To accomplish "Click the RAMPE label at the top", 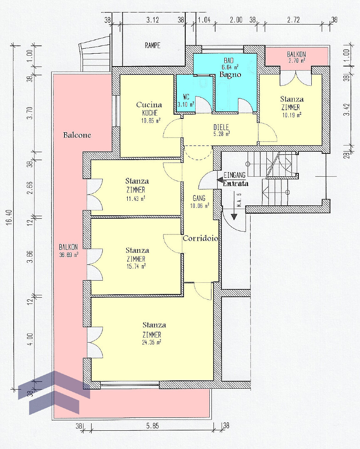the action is click(152, 45).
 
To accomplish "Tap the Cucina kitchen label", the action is click(149, 105).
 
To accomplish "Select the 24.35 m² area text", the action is click(151, 342).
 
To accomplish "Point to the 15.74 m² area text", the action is click(136, 266).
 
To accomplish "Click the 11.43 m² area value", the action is click(136, 198).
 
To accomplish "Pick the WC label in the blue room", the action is click(186, 97).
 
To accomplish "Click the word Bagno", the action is click(230, 74).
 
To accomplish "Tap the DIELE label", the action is click(221, 127).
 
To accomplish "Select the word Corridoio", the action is click(200, 238).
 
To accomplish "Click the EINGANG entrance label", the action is click(234, 175).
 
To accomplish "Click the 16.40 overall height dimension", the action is click(10, 217).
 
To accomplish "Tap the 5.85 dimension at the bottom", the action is click(152, 426).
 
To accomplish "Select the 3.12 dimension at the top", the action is click(152, 20).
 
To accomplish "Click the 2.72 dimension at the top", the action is click(293, 20).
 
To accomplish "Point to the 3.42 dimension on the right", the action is click(347, 109).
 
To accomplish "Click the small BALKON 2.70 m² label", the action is click(296, 57).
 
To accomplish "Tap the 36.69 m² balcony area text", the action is click(69, 254).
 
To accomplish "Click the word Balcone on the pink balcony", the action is click(77, 135).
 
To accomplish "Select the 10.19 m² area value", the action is click(292, 115).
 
